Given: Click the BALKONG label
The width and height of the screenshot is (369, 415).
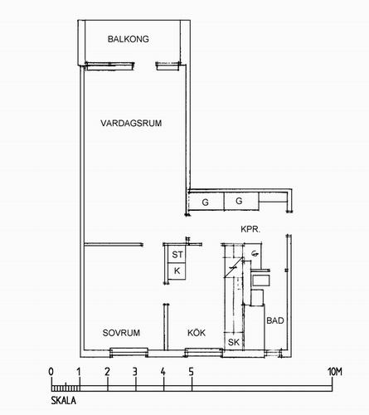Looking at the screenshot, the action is tap(129, 39).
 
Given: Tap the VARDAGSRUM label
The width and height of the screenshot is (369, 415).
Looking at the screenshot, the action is tap(131, 123).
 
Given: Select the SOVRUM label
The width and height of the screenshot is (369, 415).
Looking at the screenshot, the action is tap(121, 333).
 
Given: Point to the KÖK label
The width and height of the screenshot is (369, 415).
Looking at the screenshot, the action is tap(197, 332).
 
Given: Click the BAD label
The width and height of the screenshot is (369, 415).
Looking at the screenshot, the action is tap(275, 320).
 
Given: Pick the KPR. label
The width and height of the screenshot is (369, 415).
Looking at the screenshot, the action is tap(250, 229).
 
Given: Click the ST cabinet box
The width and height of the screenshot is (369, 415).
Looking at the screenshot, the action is tap(177, 254).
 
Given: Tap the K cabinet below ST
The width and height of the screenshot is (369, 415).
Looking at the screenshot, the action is tap(177, 271).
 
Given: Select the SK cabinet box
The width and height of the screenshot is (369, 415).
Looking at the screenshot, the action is tap(234, 342).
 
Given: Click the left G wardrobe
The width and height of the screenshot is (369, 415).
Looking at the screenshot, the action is tap(206, 202).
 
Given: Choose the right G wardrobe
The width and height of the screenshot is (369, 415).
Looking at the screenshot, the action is tap(241, 201).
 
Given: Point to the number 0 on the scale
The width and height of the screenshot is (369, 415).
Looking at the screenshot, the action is tap(51, 372).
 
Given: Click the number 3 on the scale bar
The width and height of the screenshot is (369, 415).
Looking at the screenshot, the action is tap(135, 372).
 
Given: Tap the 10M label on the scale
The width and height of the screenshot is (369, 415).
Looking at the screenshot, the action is tap(335, 372).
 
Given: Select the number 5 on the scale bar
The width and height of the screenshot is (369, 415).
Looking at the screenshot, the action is tap(192, 372).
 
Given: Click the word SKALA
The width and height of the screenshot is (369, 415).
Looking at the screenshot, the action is tap(64, 400).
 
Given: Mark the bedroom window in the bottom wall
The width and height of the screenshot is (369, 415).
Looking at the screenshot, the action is tap(129, 353).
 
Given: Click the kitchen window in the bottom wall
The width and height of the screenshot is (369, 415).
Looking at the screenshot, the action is tap(204, 353).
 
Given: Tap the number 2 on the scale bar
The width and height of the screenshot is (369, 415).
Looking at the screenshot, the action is tap(107, 372).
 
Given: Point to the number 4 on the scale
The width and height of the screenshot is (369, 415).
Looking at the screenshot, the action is tap(163, 372).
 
